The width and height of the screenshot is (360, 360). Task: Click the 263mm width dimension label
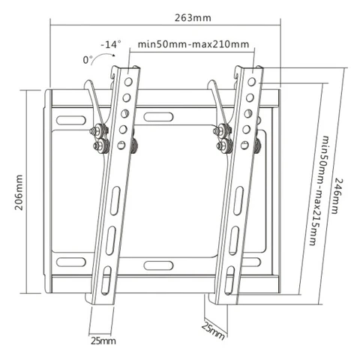click(x=193, y=18)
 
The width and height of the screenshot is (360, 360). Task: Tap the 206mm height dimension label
click(x=19, y=192)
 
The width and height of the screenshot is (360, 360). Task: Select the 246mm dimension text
click(x=338, y=196)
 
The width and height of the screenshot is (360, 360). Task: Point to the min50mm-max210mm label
click(x=193, y=44)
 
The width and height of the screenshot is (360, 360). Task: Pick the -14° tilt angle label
click(x=111, y=44)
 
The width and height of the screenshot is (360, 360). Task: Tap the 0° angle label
click(x=88, y=60)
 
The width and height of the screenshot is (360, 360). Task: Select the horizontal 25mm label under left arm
click(x=103, y=340)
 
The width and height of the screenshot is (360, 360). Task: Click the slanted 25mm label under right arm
click(x=213, y=331)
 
